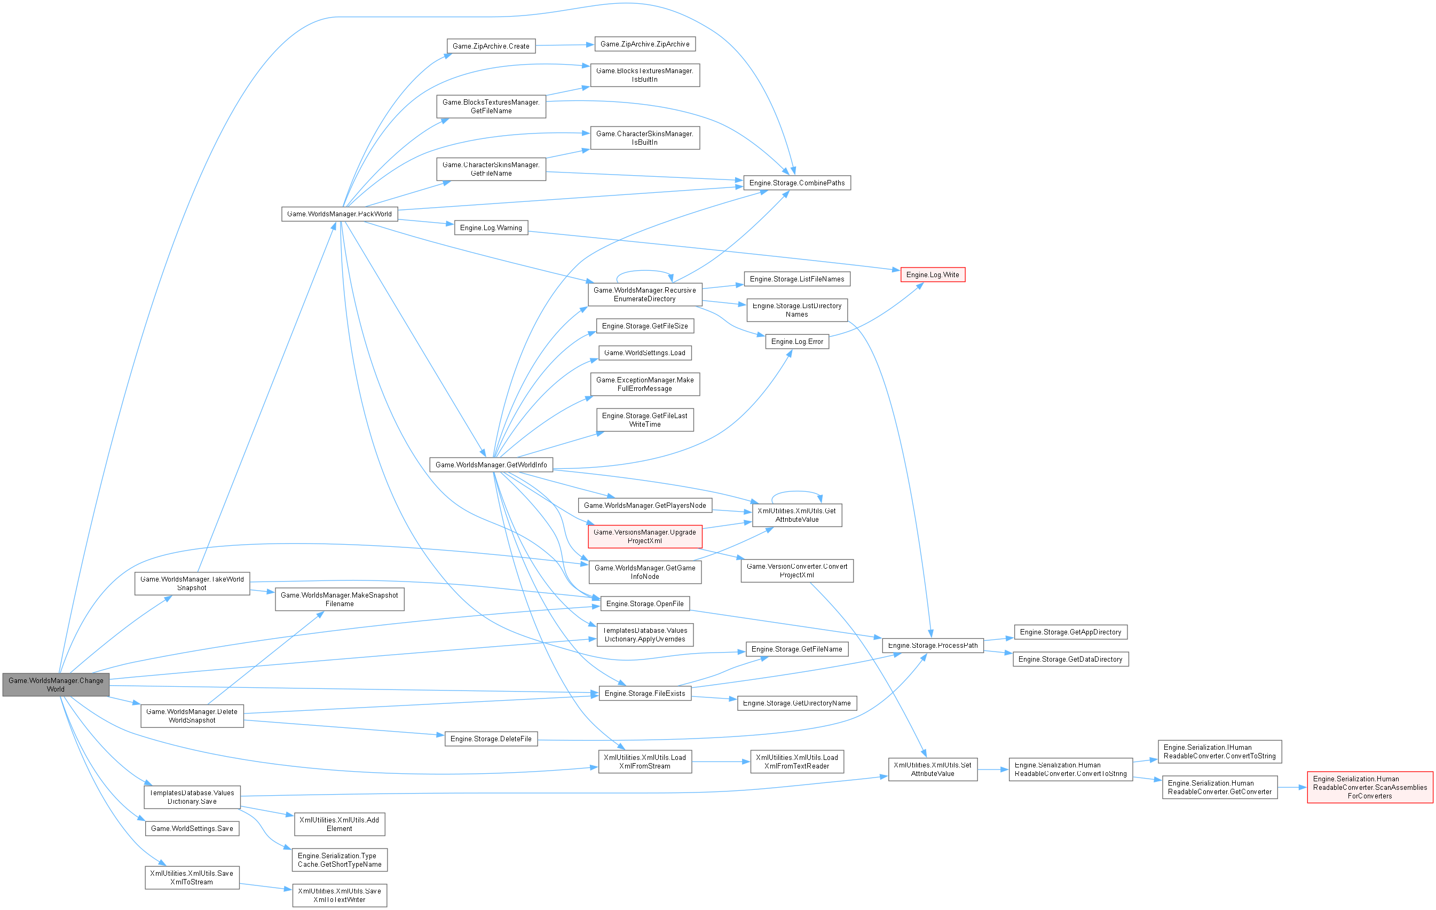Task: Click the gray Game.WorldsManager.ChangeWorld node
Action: click(56, 685)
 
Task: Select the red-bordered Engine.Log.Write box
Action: click(932, 275)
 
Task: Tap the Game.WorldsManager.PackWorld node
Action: click(340, 214)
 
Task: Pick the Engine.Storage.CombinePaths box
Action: click(796, 183)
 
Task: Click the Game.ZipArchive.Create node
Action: click(491, 46)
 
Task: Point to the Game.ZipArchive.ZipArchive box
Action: click(645, 44)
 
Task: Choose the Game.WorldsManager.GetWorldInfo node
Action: click(491, 465)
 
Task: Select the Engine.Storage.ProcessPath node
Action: click(933, 646)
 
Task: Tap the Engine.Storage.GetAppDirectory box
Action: click(1070, 632)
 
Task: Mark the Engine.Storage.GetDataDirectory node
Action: click(1070, 660)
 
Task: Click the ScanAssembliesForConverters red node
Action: click(1370, 787)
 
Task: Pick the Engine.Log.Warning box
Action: click(491, 228)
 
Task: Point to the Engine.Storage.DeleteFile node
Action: click(491, 739)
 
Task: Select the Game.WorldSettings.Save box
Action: click(192, 828)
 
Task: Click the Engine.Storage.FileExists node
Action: click(645, 693)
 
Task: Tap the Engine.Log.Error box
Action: click(796, 341)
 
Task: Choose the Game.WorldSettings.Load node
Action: click(645, 352)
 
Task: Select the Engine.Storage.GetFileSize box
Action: click(645, 326)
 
